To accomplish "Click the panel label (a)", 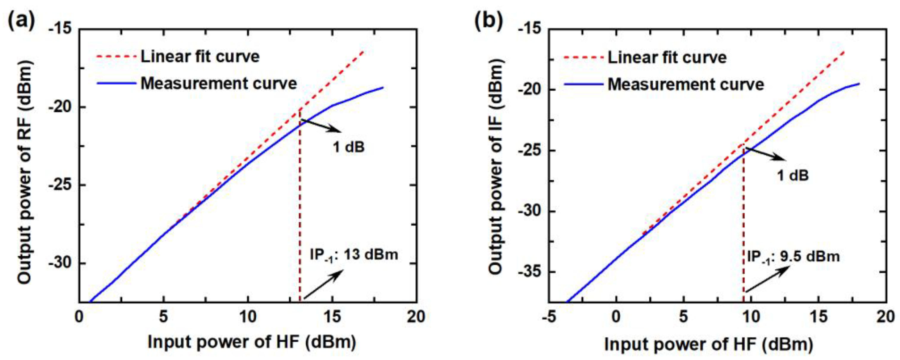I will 22,22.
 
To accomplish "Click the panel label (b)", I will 488,22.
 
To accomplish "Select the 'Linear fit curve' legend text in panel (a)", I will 200,56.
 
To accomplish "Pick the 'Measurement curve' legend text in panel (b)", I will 686,85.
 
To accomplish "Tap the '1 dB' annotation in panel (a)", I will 348,147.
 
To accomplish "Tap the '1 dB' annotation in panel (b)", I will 793,175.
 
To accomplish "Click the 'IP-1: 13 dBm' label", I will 353,255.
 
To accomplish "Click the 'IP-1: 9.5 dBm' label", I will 793,257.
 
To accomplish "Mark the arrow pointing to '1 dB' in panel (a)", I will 321,126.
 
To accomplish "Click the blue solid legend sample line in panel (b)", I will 583,85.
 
